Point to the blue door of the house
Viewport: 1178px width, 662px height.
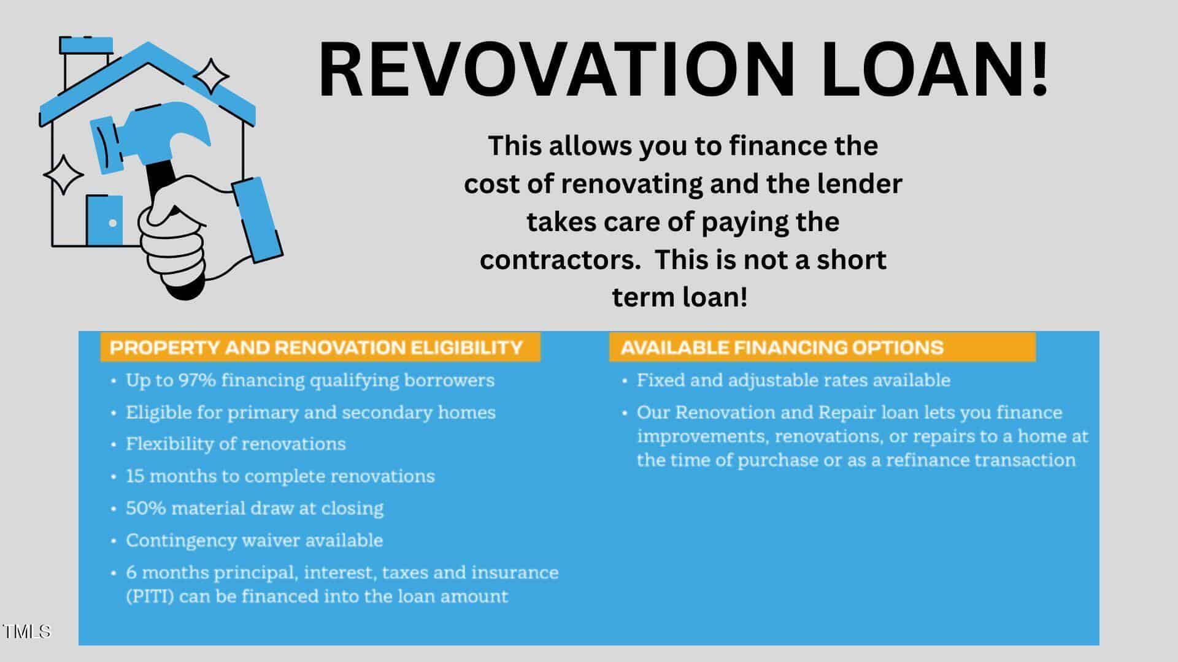coord(104,221)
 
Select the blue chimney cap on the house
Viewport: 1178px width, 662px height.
coord(86,45)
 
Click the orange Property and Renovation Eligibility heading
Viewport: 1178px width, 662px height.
coord(320,348)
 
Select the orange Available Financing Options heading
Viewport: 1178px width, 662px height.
coord(822,348)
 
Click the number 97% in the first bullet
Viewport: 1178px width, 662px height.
coord(197,380)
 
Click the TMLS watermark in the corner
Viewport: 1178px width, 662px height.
coord(26,631)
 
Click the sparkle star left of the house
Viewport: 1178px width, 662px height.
coord(63,175)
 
